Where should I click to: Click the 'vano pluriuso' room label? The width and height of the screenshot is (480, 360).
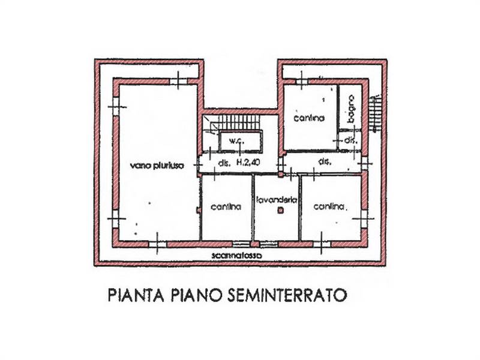(157, 166)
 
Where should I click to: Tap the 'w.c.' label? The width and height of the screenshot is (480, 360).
(236, 141)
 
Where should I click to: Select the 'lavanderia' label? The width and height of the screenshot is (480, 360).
(277, 200)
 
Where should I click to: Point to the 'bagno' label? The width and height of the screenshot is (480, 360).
(351, 109)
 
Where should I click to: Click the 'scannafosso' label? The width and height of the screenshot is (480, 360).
(237, 256)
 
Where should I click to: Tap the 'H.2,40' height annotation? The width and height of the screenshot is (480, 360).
(248, 163)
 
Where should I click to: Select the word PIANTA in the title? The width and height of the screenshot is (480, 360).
(136, 295)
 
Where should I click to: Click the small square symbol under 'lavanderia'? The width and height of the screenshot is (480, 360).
(280, 211)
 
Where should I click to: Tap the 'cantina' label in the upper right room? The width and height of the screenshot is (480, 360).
(309, 118)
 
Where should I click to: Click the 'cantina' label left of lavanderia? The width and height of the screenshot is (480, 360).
(226, 207)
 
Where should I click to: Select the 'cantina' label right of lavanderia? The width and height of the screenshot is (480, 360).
(329, 206)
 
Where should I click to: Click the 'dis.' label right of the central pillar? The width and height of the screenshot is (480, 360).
(325, 162)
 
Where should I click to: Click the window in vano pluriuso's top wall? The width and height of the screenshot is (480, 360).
(178, 81)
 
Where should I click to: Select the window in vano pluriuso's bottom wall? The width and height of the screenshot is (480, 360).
(158, 244)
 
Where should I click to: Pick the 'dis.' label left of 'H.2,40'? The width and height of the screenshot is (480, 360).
(224, 163)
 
